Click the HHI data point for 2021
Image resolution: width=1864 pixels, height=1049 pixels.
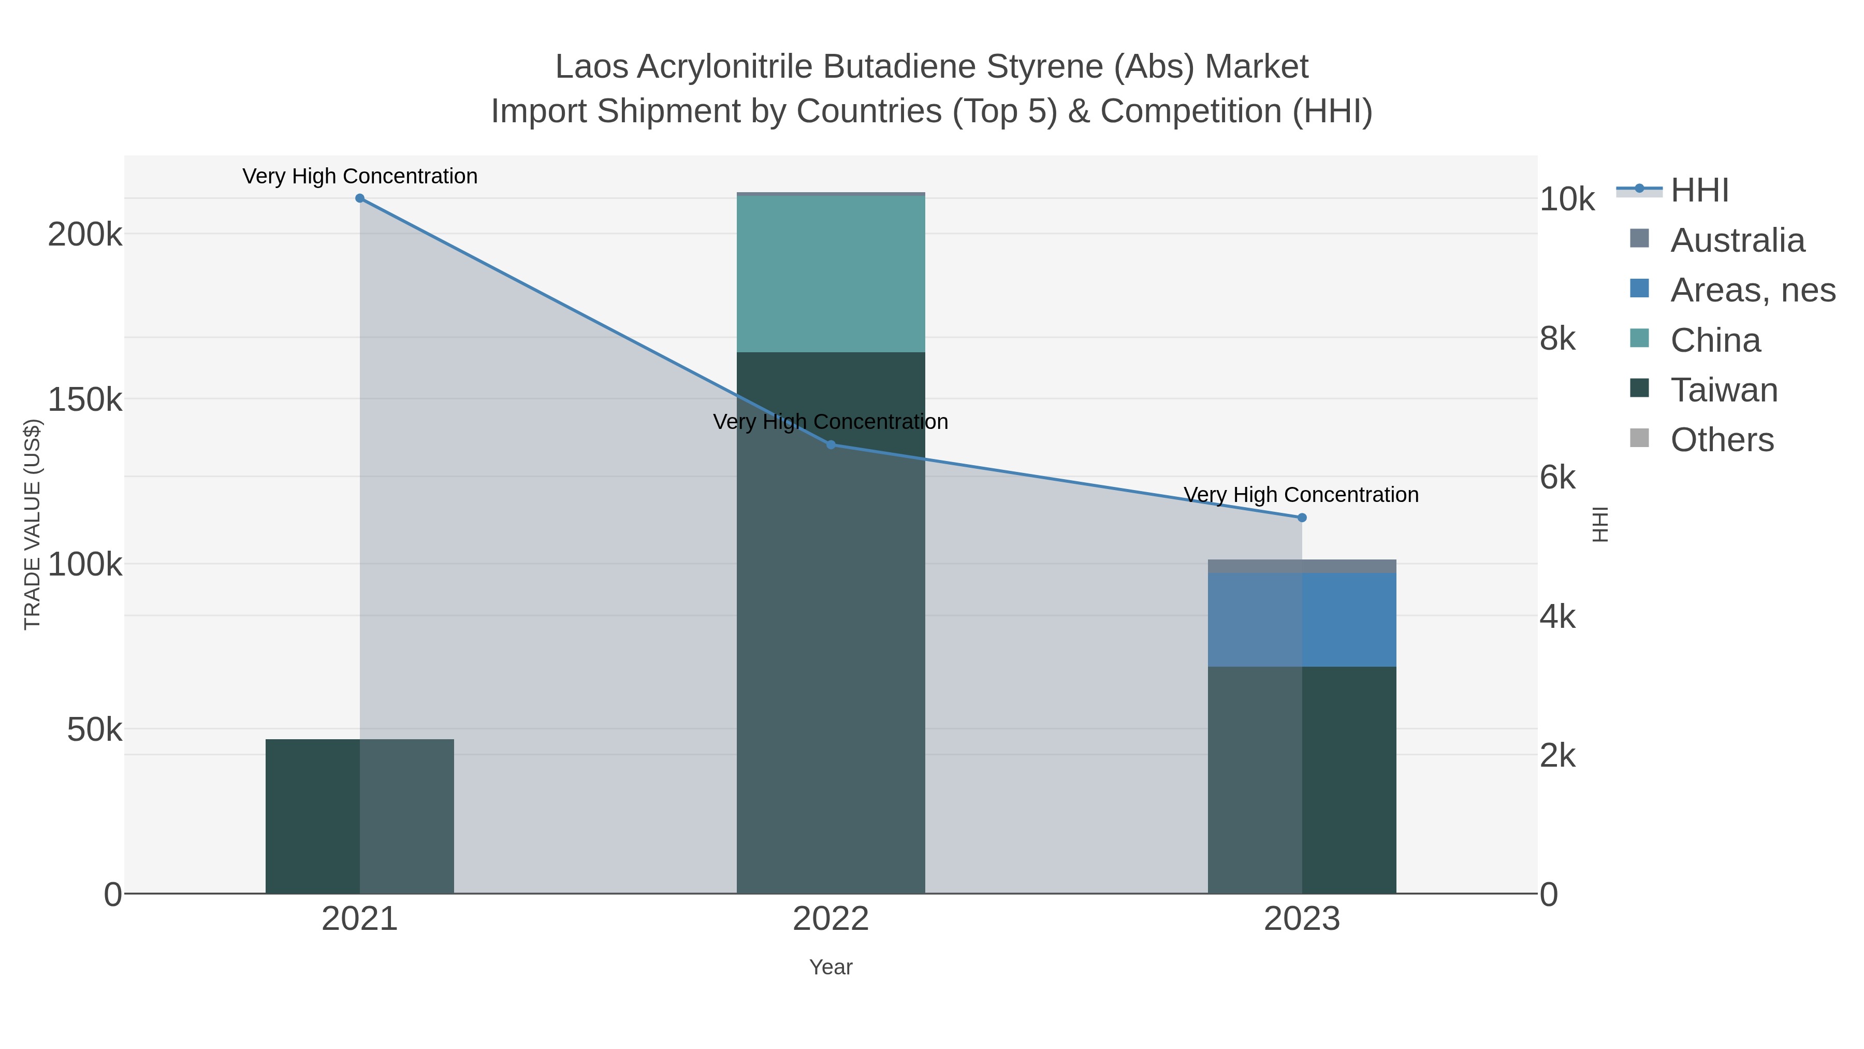(360, 198)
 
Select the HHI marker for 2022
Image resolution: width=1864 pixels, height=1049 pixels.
(831, 444)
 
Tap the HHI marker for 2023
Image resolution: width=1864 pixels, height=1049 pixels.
(1302, 518)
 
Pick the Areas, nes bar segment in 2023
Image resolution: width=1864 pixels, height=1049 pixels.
(1302, 619)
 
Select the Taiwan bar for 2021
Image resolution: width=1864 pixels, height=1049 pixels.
(360, 816)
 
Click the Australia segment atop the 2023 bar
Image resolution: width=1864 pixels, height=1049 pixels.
(1302, 566)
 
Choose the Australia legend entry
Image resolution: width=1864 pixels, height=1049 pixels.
(1737, 240)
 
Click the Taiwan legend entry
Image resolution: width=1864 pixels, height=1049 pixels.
(1724, 390)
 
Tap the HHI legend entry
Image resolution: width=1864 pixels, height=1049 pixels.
(1699, 191)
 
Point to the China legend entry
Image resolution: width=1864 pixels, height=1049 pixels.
(1715, 340)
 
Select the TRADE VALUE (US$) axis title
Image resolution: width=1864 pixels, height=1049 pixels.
(33, 524)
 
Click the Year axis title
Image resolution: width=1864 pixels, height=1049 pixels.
(831, 967)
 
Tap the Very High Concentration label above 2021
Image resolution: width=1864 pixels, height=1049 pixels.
(360, 177)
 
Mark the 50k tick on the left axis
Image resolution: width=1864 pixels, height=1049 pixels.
(94, 730)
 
